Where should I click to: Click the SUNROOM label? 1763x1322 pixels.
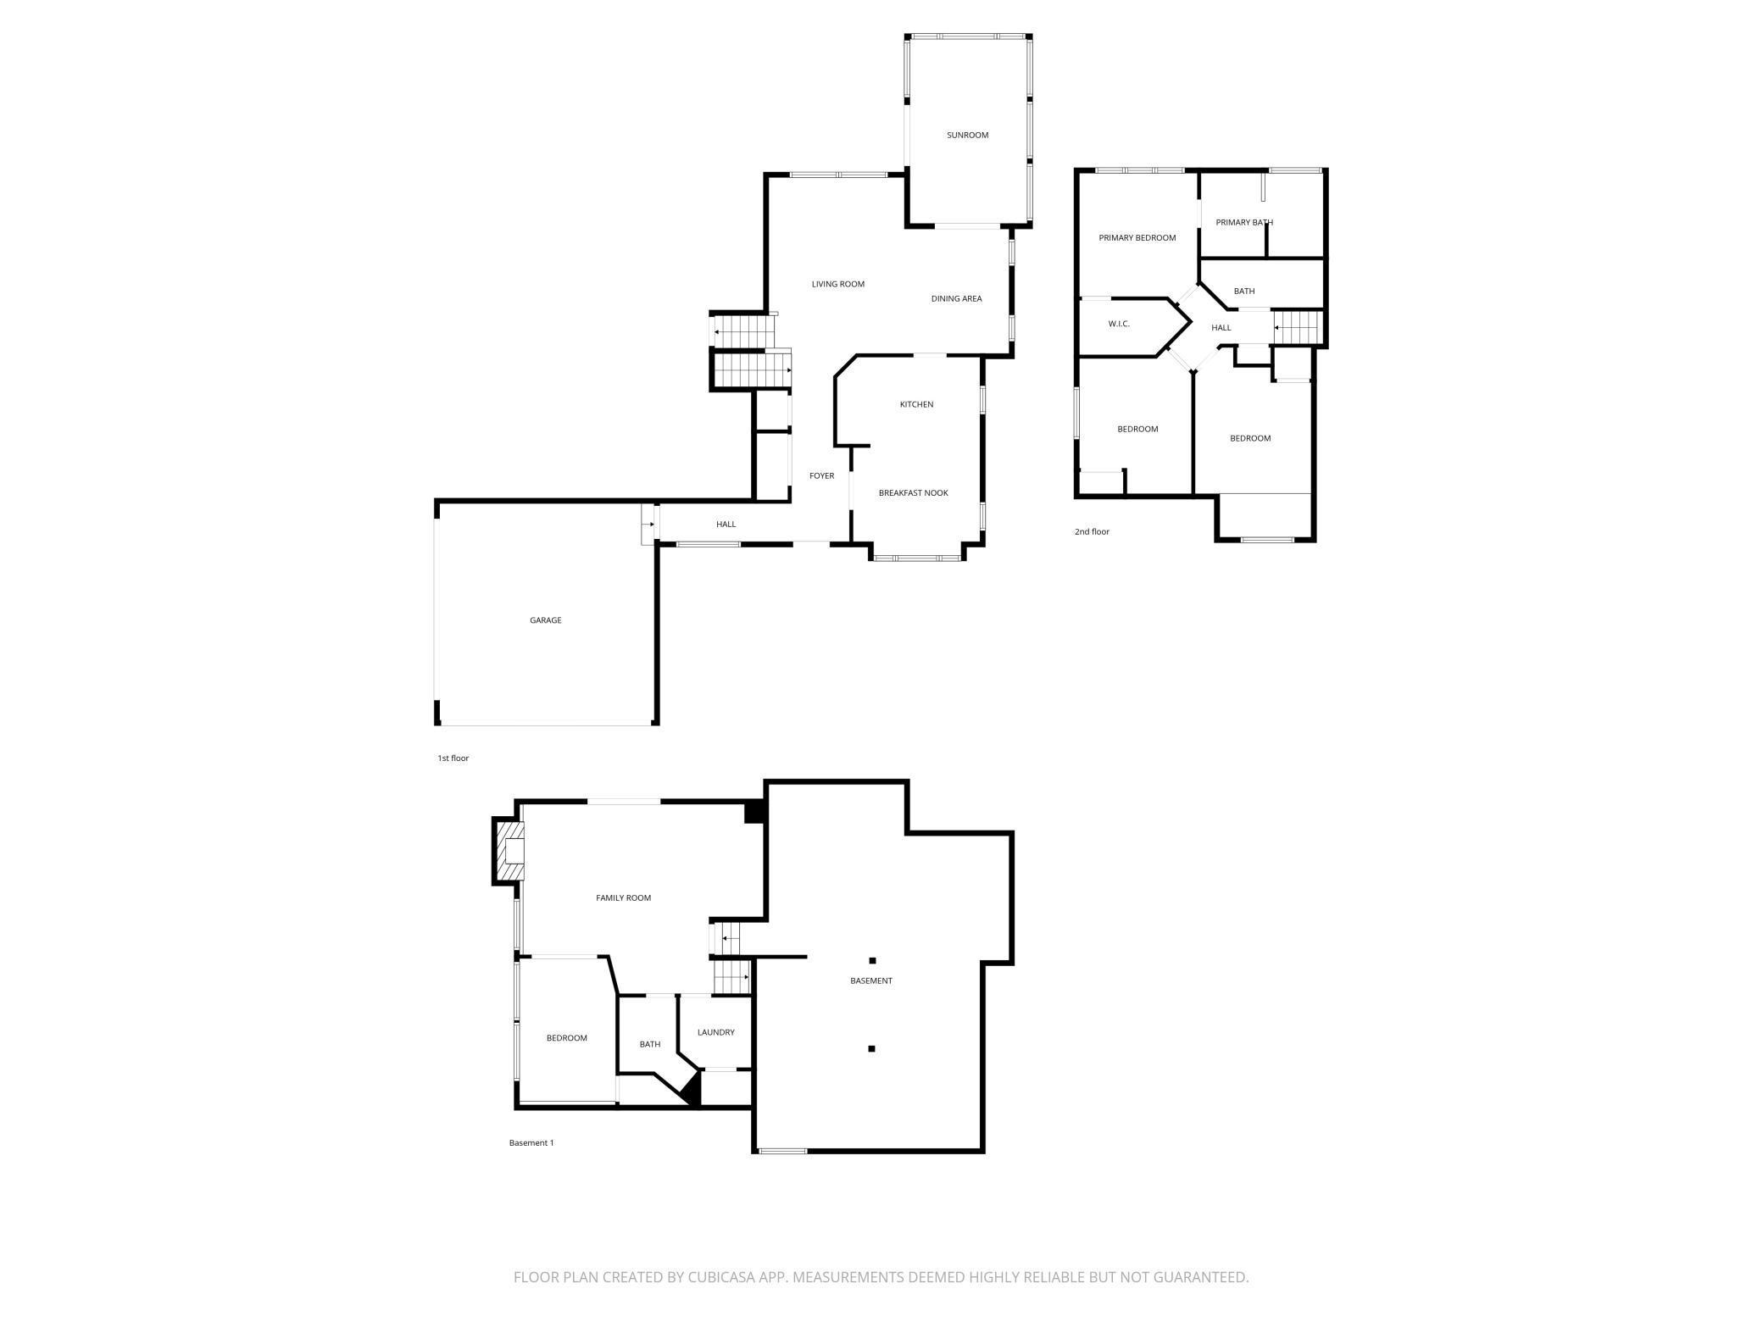[x=967, y=136]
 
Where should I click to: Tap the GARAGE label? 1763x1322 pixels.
[x=546, y=620]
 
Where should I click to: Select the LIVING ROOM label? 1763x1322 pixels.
[x=837, y=285]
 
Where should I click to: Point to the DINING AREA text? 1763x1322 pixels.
[x=956, y=299]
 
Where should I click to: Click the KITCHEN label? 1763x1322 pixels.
[x=916, y=405]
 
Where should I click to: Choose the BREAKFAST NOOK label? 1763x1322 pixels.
[x=913, y=493]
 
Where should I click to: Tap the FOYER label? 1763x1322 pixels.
[x=821, y=476]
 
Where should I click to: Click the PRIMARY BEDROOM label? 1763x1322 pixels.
[x=1137, y=238]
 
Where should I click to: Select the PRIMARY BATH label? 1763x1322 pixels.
[x=1243, y=223]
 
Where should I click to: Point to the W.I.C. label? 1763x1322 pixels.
[x=1119, y=325]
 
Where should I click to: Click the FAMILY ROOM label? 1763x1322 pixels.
[x=623, y=898]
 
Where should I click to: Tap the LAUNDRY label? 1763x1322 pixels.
[x=715, y=1033]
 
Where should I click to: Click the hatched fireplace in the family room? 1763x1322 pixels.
[x=511, y=852]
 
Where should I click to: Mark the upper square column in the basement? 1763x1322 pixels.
[x=872, y=961]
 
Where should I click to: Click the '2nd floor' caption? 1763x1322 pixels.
[x=1092, y=532]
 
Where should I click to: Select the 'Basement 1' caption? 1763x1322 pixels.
[x=531, y=1143]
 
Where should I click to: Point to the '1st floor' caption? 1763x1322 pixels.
[x=453, y=758]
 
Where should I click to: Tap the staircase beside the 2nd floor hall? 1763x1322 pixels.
[x=1298, y=326]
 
